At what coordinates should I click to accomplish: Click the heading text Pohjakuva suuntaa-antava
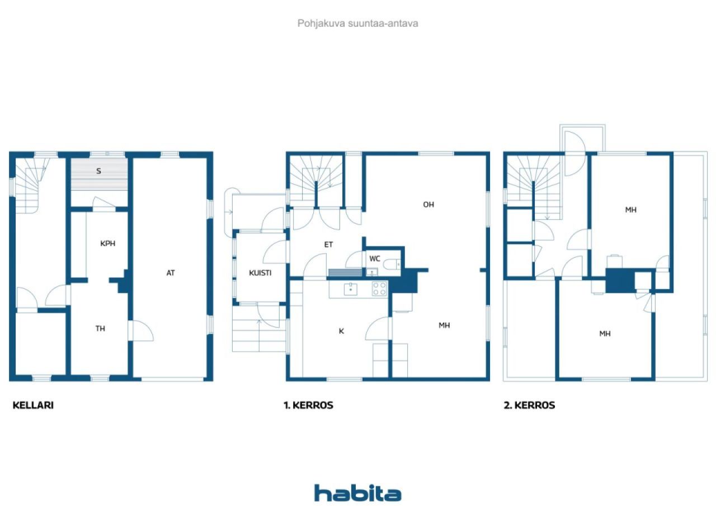coord(357,23)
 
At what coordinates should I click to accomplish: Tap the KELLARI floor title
coord(33,405)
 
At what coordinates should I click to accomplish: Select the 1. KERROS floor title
coord(308,405)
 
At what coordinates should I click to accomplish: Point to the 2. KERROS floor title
coord(529,405)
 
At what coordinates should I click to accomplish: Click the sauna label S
coord(99,171)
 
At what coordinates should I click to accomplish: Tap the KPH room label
coord(108,243)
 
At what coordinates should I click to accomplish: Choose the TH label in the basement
coord(100,328)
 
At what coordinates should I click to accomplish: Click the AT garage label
coord(171,273)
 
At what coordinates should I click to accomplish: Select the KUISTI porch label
coord(260,273)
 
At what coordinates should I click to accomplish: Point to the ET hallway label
coord(328,245)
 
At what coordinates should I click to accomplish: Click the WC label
coord(375,258)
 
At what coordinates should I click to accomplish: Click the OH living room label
coord(428,205)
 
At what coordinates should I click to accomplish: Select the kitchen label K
coord(341,331)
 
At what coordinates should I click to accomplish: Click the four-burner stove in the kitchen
coord(379,289)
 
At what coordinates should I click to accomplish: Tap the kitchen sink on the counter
coord(351,289)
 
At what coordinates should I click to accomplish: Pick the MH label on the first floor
coord(444,325)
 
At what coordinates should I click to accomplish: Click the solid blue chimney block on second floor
coord(620,281)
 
